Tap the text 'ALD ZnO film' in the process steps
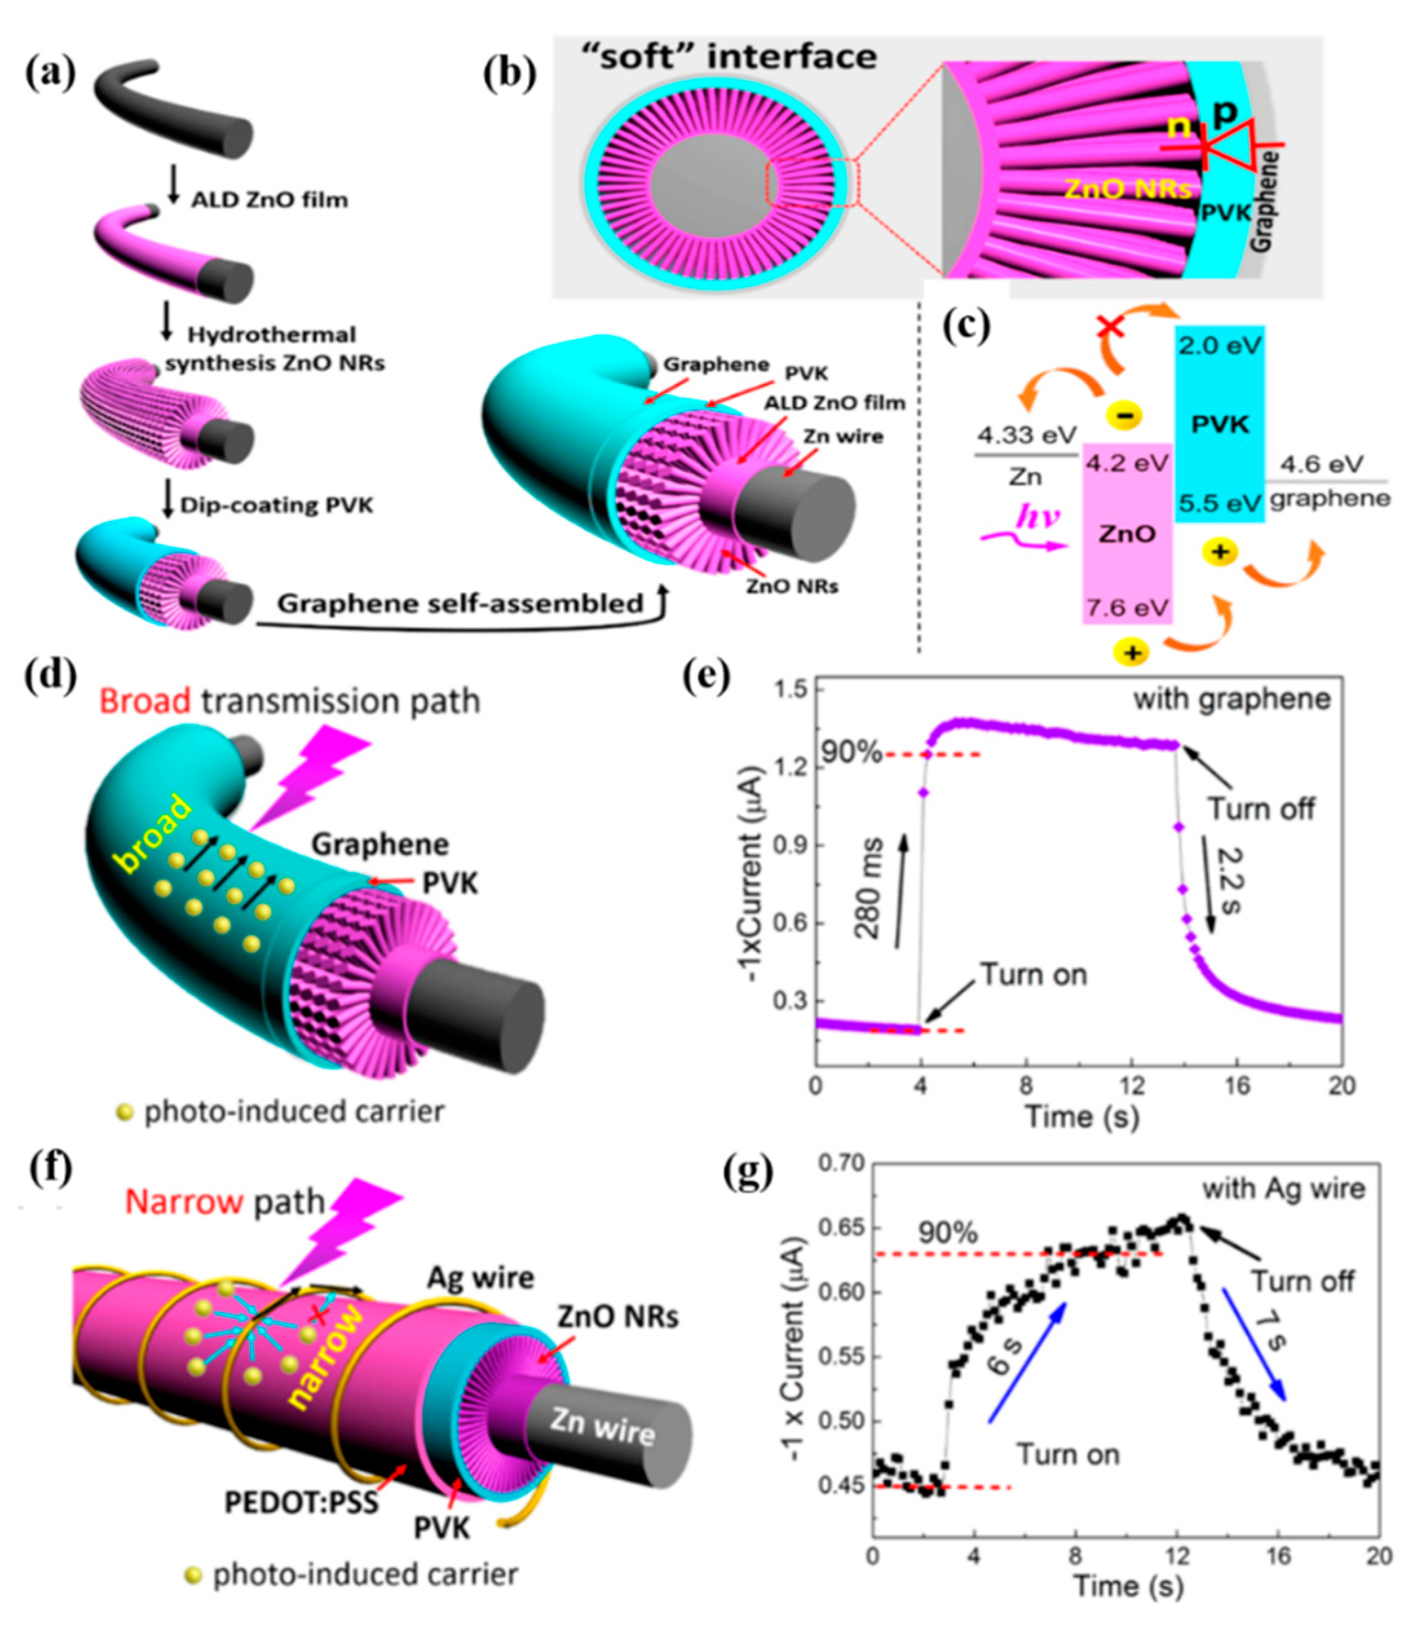269,199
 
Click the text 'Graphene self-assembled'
460,604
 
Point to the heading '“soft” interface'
737,57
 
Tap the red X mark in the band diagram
1111,325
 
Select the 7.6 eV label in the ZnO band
1127,608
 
